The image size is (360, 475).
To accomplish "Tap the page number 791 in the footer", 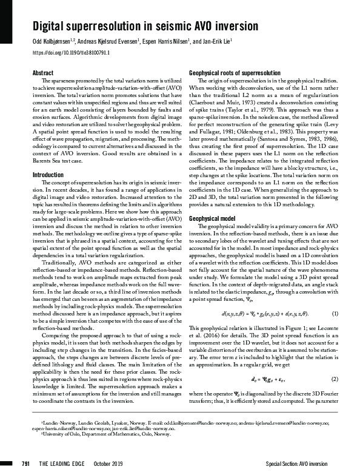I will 25,464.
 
